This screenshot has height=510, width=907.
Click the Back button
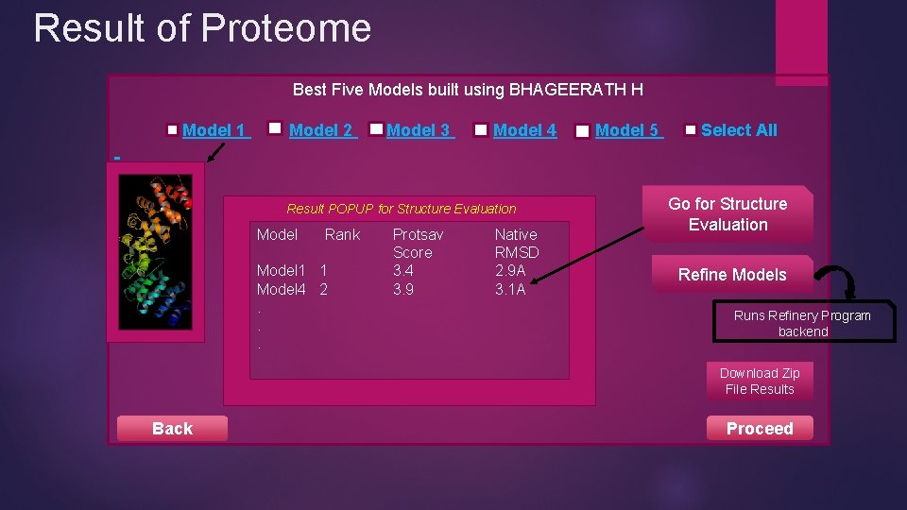(x=172, y=429)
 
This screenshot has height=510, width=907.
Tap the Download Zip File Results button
(x=760, y=382)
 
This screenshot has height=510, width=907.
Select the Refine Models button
(x=731, y=275)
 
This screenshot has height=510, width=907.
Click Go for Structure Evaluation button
(x=727, y=214)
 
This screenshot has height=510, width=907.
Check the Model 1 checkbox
(x=173, y=131)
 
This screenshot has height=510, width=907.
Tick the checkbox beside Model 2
(x=276, y=127)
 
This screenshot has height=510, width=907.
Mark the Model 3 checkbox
(x=377, y=128)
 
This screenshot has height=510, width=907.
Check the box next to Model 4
(x=481, y=130)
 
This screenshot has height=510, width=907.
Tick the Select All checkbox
(x=692, y=130)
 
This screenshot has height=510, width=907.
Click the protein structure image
(x=155, y=250)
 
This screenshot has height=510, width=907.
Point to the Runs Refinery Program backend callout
(x=802, y=324)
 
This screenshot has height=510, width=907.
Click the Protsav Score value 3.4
(x=403, y=271)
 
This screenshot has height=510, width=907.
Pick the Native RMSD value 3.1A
(x=510, y=290)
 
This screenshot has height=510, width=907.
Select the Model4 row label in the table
(x=281, y=290)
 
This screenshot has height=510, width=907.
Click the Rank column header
(x=342, y=234)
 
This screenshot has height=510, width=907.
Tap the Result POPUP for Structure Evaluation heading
(x=402, y=209)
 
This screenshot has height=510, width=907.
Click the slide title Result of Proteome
(x=202, y=28)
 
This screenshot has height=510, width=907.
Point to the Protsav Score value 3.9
(x=403, y=290)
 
